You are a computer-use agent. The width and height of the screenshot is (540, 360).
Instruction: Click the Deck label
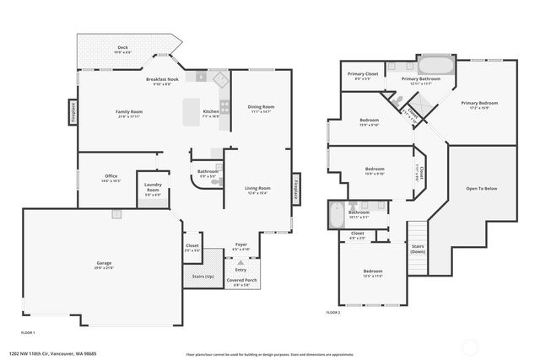[122, 48]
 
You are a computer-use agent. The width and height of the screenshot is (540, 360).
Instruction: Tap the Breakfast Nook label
[158, 79]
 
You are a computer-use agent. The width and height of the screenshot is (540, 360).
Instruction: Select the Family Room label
[129, 111]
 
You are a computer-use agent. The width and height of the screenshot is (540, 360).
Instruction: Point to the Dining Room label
[261, 106]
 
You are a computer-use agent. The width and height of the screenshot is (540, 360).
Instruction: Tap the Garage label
[104, 264]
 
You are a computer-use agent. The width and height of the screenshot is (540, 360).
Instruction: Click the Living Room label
[257, 188]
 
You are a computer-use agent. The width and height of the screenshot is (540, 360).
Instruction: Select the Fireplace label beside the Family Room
[74, 112]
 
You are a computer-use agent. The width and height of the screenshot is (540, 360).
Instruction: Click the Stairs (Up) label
[203, 276]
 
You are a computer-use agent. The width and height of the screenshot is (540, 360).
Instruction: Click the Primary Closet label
[363, 74]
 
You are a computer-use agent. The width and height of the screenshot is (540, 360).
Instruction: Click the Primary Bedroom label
[478, 103]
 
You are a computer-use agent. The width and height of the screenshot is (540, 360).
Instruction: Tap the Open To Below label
[482, 188]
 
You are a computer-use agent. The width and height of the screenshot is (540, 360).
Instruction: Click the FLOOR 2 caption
[333, 312]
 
